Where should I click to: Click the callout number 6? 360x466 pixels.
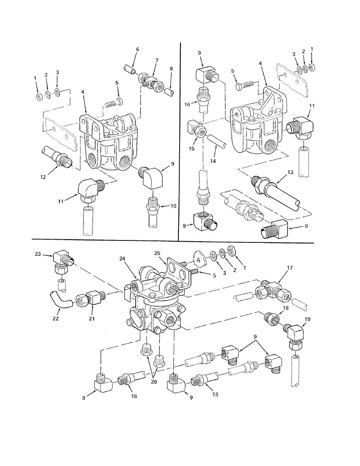(138, 49)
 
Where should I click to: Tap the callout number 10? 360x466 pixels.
(173, 206)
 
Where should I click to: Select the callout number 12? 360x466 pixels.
(43, 177)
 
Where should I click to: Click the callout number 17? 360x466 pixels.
(290, 268)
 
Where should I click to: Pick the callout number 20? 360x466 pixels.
(154, 382)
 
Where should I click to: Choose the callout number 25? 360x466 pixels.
(157, 253)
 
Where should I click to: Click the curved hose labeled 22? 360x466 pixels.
(60, 300)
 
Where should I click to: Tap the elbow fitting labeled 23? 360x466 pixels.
(62, 261)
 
